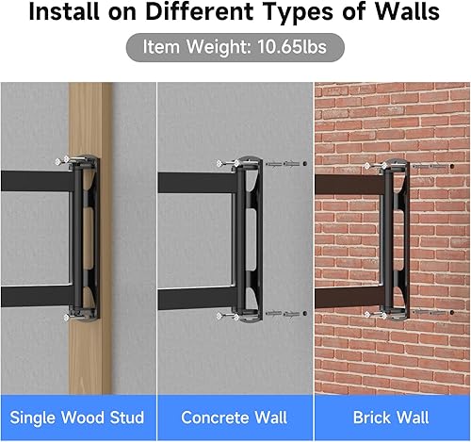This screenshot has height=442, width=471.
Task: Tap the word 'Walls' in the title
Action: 405,16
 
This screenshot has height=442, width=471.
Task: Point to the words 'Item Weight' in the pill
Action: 195,47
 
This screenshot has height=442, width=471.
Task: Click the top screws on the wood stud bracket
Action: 69,161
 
